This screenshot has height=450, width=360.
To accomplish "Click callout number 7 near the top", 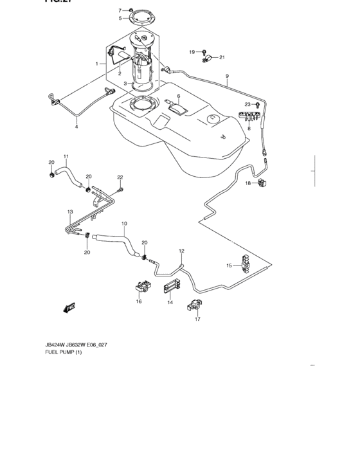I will [x=120, y=10].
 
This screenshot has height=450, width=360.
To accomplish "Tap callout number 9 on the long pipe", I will [x=226, y=76].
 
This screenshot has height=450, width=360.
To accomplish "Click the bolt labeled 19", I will [x=204, y=51].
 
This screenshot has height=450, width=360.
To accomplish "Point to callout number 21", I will [x=222, y=58].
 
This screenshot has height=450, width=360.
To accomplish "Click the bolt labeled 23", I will [x=257, y=104].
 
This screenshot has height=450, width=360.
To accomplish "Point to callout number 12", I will [x=181, y=251].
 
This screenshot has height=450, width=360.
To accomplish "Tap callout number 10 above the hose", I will [x=124, y=224].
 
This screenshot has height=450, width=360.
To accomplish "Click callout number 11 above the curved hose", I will [x=66, y=156].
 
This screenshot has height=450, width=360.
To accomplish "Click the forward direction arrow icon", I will [x=69, y=308].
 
